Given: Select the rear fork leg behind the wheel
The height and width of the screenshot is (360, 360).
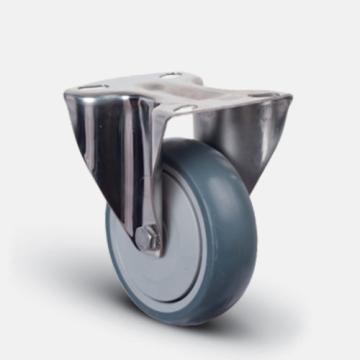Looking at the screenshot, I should click(240, 140).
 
